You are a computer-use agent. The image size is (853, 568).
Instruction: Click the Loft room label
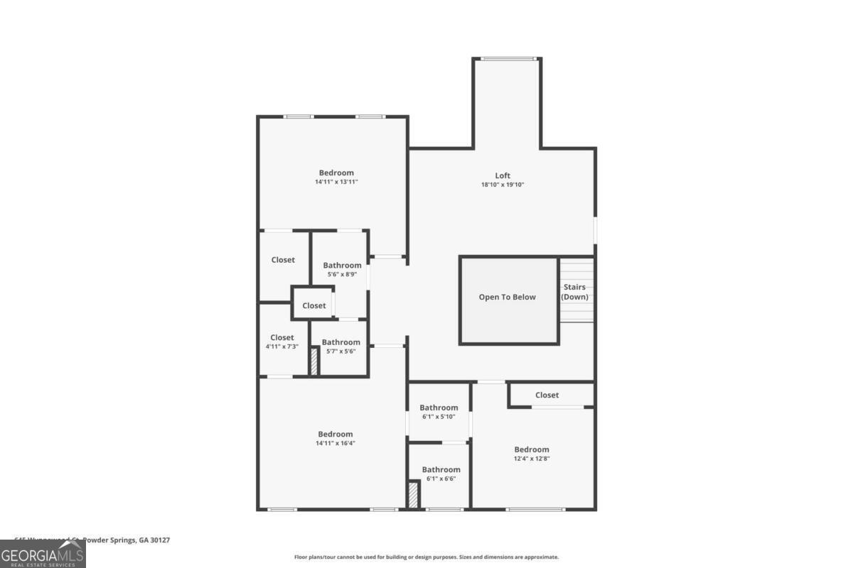503,175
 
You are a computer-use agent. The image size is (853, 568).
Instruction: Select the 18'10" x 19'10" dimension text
503,185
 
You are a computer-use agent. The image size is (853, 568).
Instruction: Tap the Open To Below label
507,297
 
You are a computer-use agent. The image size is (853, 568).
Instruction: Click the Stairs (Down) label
574,292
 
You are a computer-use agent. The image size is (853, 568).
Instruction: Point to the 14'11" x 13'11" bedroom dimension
336,182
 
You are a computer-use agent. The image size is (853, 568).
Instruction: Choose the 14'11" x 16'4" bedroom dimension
336,443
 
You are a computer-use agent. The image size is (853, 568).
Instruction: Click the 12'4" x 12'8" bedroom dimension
532,458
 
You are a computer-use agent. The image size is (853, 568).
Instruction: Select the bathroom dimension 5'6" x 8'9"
342,274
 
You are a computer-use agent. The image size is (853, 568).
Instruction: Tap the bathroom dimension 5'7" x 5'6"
340,351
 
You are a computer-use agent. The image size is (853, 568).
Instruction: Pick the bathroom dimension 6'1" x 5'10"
439,416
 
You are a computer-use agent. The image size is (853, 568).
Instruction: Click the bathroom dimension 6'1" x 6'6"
441,479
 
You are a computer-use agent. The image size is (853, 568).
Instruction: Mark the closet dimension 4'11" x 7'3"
281,346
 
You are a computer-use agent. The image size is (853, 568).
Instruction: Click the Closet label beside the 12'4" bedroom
547,395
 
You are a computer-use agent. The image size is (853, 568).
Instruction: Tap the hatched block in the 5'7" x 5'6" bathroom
313,361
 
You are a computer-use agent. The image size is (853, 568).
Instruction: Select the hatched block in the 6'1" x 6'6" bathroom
413,494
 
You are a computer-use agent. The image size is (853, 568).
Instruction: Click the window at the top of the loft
508,58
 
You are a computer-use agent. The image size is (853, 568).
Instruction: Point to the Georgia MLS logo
43,554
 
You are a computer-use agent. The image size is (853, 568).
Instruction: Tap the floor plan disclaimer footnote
426,557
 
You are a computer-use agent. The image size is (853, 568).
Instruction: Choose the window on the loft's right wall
595,229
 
